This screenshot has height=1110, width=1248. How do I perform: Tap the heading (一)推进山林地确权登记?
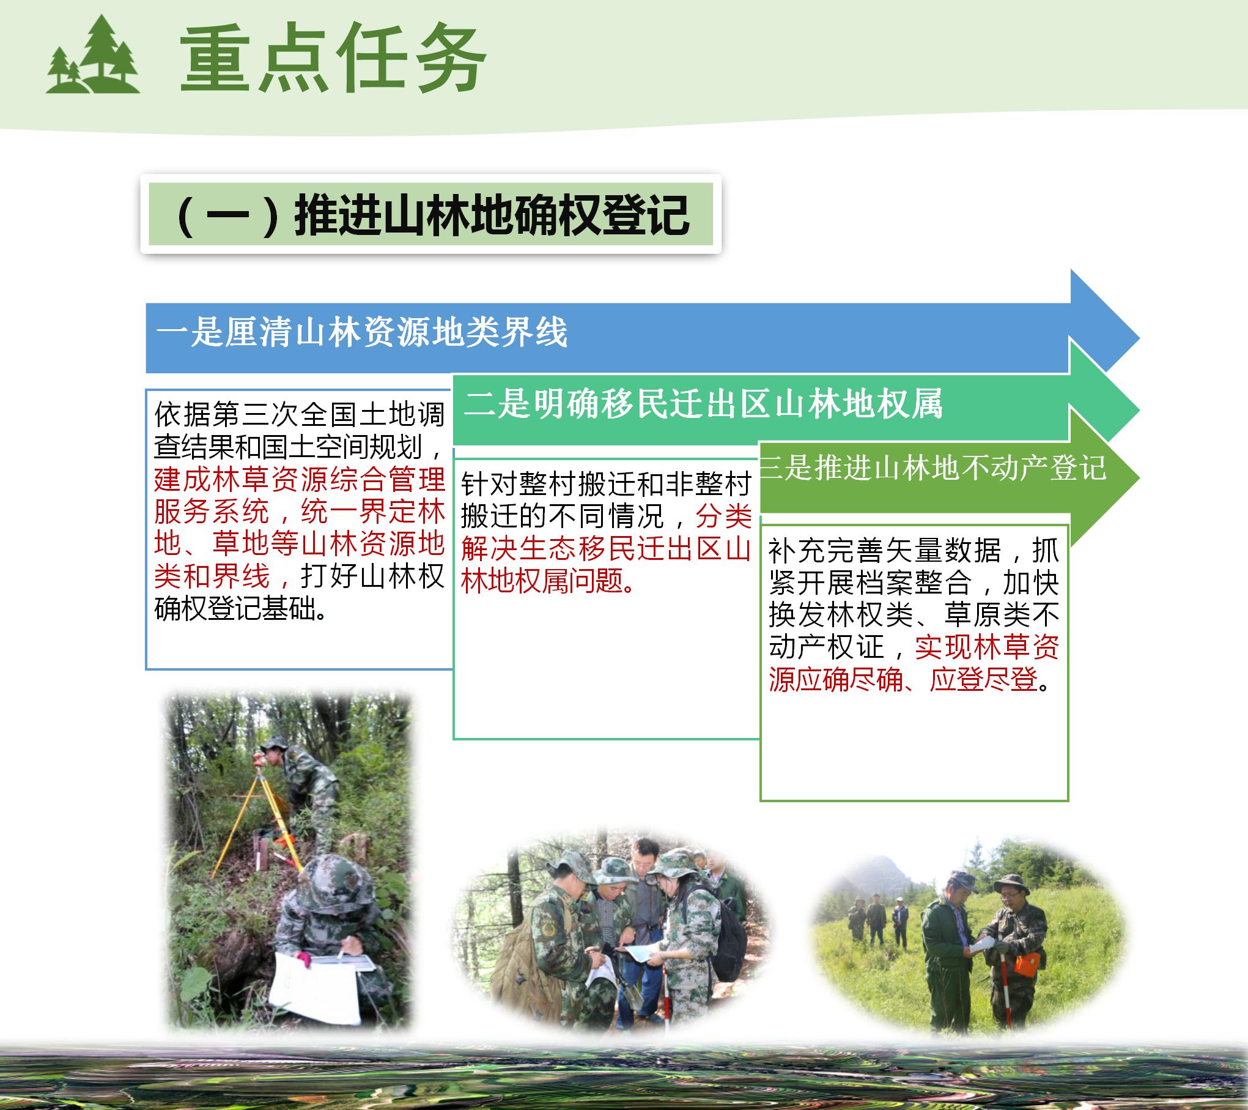click(x=431, y=215)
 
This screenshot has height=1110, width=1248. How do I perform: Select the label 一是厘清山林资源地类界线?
click(x=362, y=333)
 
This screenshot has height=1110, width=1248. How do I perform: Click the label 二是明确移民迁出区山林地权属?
click(x=703, y=404)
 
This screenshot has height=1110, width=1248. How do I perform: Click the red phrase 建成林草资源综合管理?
click(x=300, y=479)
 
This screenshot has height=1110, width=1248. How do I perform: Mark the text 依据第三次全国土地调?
click(x=300, y=415)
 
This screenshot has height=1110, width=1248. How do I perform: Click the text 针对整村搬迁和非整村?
click(x=606, y=485)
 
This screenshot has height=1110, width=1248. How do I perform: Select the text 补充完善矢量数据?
click(x=884, y=551)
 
